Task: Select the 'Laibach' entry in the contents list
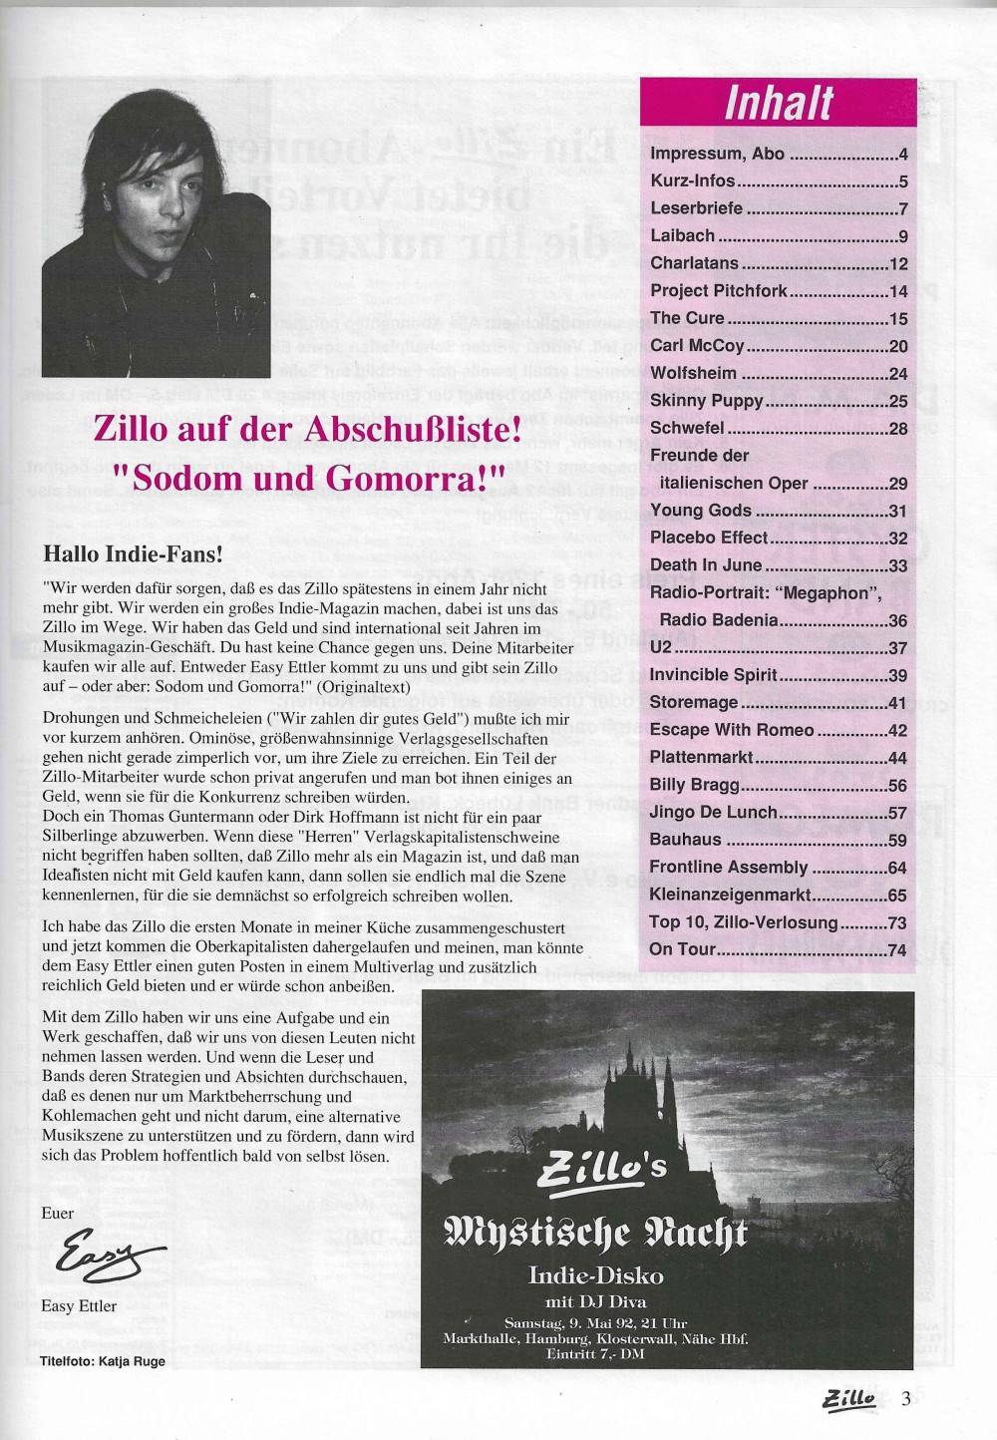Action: tap(682, 236)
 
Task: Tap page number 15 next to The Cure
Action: tap(898, 318)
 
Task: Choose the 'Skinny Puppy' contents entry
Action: tap(707, 400)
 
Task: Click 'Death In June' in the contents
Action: tap(706, 564)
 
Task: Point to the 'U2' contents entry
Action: tap(662, 647)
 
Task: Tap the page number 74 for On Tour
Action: tap(897, 949)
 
